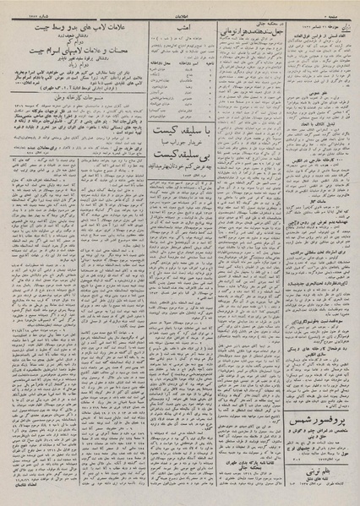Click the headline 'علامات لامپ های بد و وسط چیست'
click(73, 29)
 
